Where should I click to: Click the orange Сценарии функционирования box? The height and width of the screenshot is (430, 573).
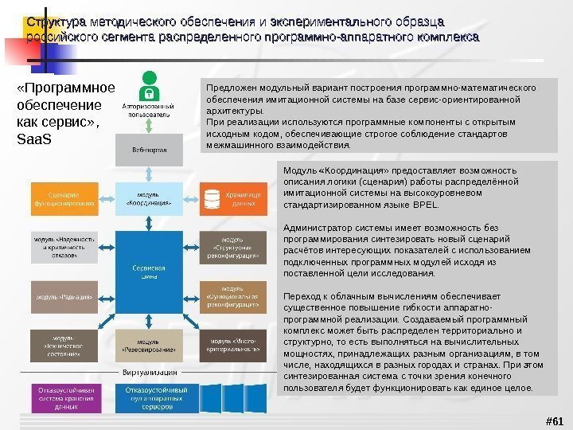[64, 198]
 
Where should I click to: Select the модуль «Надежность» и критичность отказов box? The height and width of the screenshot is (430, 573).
[64, 247]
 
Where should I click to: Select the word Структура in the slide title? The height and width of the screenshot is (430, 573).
[57, 21]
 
